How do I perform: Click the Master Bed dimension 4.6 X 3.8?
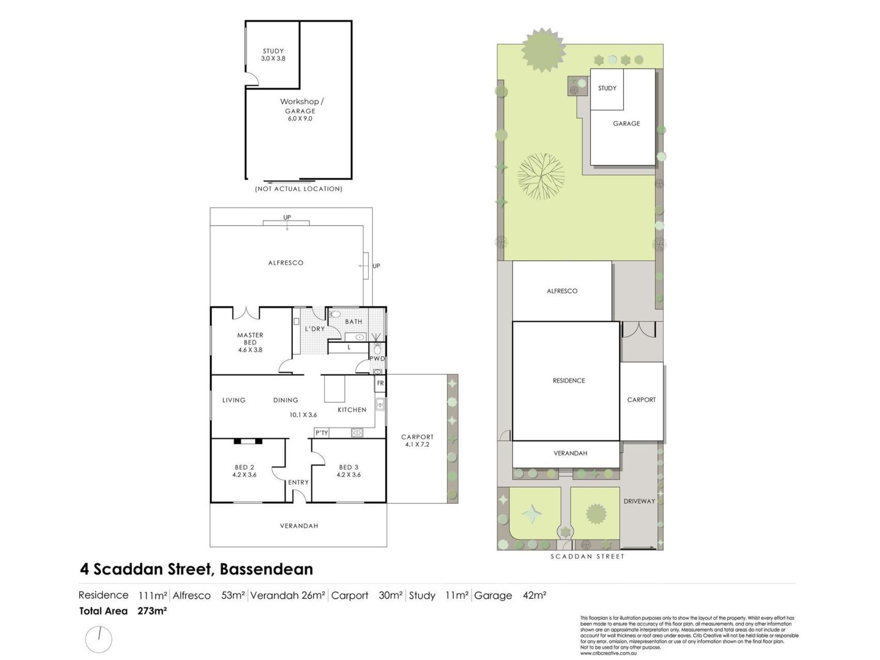[250, 350]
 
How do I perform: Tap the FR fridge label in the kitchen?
[380, 383]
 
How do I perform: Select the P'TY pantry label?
[322, 433]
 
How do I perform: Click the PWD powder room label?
[377, 358]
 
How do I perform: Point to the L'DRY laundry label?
[315, 329]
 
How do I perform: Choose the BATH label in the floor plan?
[354, 322]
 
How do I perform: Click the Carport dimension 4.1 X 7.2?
[417, 445]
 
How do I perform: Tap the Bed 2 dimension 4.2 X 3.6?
[244, 475]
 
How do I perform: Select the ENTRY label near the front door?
[298, 482]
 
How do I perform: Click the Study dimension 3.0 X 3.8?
[273, 59]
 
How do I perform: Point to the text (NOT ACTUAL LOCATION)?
[299, 189]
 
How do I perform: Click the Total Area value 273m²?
[152, 610]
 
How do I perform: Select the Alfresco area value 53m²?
[233, 595]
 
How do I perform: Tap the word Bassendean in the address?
[267, 569]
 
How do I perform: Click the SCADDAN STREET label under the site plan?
[588, 556]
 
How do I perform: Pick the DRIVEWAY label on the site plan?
[639, 501]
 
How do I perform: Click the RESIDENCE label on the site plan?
[569, 380]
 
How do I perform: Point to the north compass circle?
[99, 639]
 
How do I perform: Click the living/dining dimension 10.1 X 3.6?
[303, 415]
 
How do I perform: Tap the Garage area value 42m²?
[534, 595]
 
